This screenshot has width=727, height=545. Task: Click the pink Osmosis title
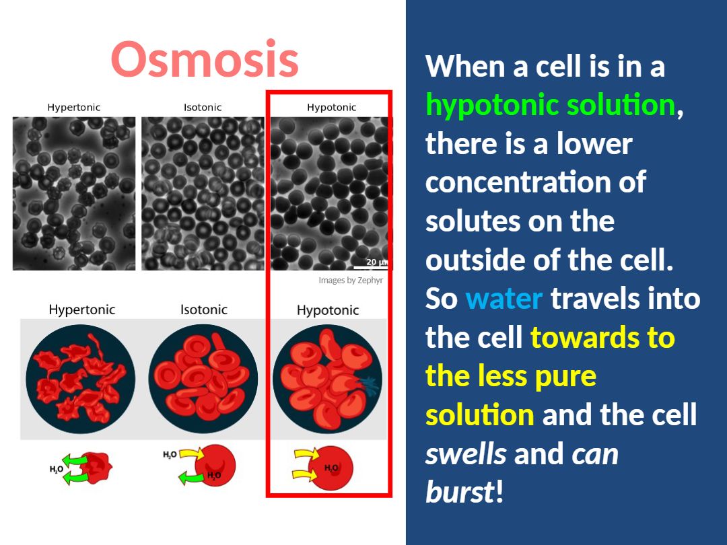(205, 59)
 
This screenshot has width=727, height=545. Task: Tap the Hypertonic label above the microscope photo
(74, 108)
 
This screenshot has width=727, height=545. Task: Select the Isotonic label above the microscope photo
(203, 108)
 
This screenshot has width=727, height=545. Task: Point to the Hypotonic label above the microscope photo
(331, 108)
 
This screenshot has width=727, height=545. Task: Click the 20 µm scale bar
(370, 267)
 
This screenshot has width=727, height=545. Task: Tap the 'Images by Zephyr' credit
(351, 281)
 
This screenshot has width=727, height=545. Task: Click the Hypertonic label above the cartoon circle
(82, 310)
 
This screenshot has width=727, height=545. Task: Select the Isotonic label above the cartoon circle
(204, 310)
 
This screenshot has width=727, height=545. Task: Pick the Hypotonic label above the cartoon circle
(328, 310)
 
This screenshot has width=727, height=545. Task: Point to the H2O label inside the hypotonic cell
(331, 468)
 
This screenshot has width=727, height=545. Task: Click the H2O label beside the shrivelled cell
(56, 470)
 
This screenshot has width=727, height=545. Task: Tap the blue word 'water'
(504, 299)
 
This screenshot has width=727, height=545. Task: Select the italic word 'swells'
(466, 453)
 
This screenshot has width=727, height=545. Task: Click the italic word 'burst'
(460, 491)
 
